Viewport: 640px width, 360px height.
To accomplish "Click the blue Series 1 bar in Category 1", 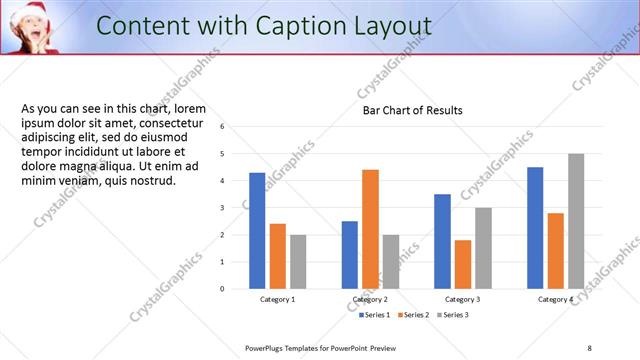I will [x=257, y=230].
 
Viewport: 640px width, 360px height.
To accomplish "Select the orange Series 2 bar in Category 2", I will [x=370, y=229].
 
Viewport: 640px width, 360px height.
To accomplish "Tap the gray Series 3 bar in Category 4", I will [x=575, y=221].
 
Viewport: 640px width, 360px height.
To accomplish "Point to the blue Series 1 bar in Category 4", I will [x=535, y=227].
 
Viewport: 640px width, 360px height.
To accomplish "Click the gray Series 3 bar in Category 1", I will [x=298, y=261].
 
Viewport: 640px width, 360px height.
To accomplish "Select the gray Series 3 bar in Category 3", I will [x=483, y=248].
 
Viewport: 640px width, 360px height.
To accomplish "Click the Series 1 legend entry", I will [x=376, y=314].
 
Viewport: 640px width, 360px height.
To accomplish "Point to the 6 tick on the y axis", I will [x=222, y=127].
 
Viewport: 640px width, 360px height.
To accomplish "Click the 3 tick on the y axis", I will [x=222, y=208].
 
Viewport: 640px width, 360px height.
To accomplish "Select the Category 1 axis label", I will [x=277, y=299].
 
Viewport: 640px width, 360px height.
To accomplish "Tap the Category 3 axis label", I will [x=462, y=299].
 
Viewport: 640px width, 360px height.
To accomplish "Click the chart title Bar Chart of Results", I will [x=412, y=110].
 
